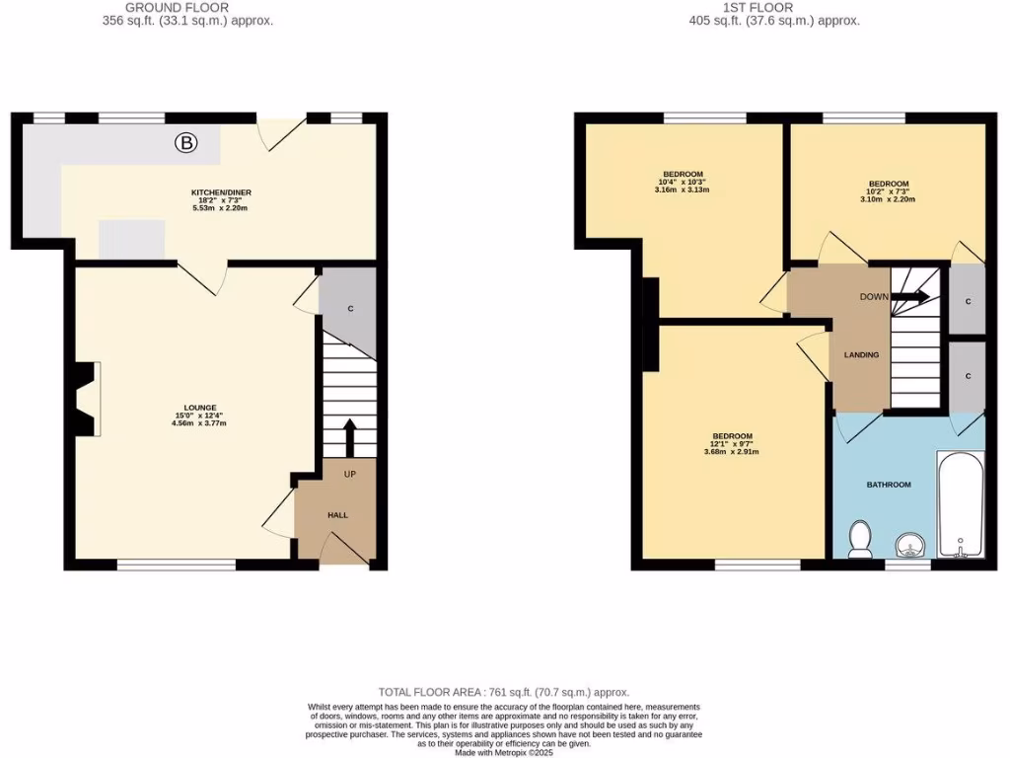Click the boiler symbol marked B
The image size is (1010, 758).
point(185,144)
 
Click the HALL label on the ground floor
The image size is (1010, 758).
point(337,515)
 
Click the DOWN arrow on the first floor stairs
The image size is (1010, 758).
point(914,296)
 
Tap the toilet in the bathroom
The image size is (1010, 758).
point(860,540)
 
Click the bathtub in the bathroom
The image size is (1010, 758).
point(960,504)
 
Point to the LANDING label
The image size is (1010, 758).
point(861,354)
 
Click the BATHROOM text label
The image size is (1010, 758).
point(888,485)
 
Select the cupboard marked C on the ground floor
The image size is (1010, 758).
point(349,310)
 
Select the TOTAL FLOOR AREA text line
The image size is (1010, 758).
point(504,693)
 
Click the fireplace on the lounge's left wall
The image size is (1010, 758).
point(86,399)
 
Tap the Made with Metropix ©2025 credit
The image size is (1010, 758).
point(504,752)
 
